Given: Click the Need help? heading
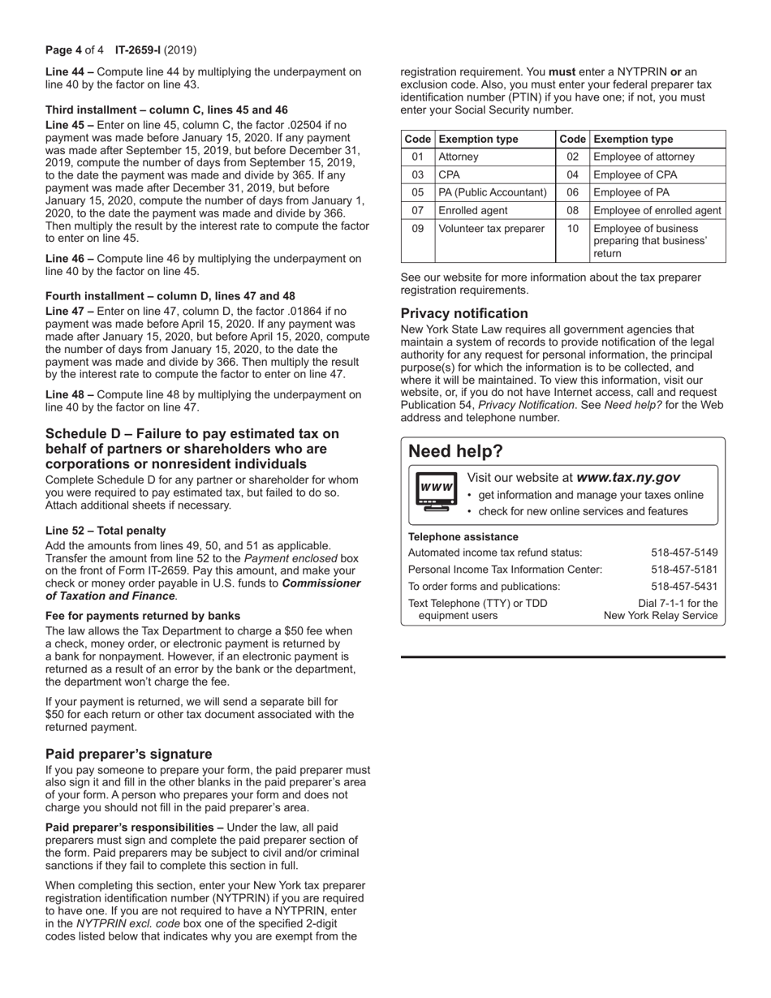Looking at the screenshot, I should (455, 452).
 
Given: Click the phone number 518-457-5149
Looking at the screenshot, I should (684, 553).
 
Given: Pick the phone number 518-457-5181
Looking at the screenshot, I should (684, 570).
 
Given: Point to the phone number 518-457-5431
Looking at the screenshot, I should (684, 587).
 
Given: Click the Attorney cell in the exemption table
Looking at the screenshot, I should (459, 157).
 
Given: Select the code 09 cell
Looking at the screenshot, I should (417, 229).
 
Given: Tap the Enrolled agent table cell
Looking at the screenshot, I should (473, 210).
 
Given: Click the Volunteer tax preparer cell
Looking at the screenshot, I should (491, 229).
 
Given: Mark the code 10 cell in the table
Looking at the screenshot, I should (572, 229).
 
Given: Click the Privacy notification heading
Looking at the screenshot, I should (464, 313).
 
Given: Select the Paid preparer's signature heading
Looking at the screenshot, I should (128, 754).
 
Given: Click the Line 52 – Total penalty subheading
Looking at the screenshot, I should (106, 531).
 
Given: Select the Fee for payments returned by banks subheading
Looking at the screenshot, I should (143, 616).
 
